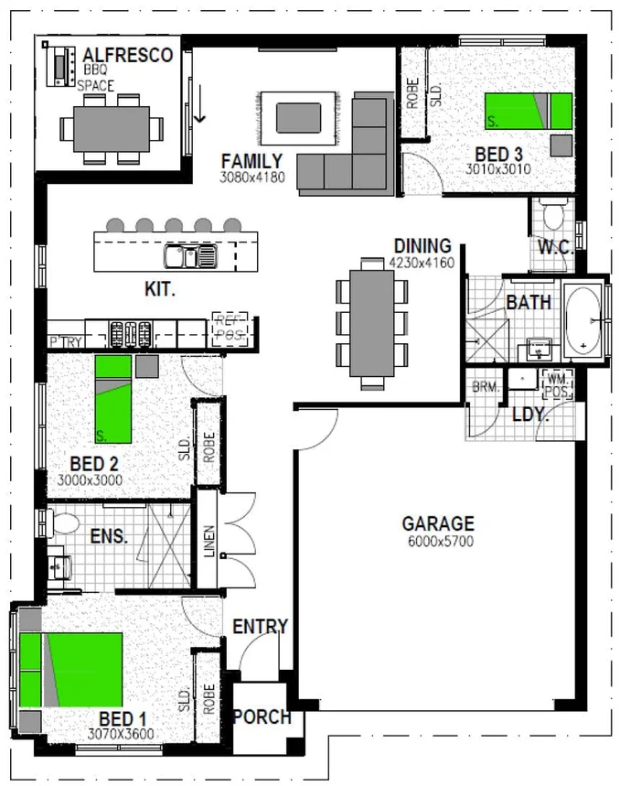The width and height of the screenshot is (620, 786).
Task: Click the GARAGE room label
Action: (438, 524)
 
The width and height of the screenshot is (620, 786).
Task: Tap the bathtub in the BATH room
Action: (582, 321)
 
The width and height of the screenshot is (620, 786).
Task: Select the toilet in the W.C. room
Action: (551, 216)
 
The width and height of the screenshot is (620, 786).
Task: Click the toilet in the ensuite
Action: (65, 524)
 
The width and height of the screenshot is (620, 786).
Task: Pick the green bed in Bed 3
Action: (528, 111)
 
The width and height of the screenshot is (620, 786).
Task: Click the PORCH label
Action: (262, 717)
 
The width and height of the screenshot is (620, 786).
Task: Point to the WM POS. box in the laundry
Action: (556, 383)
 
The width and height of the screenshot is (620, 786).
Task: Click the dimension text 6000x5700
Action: (438, 542)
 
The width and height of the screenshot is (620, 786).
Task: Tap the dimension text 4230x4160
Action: (422, 262)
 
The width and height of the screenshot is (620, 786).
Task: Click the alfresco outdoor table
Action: (105, 128)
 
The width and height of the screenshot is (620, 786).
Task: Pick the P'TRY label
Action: (66, 341)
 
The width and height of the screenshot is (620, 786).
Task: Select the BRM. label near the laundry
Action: (484, 388)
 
